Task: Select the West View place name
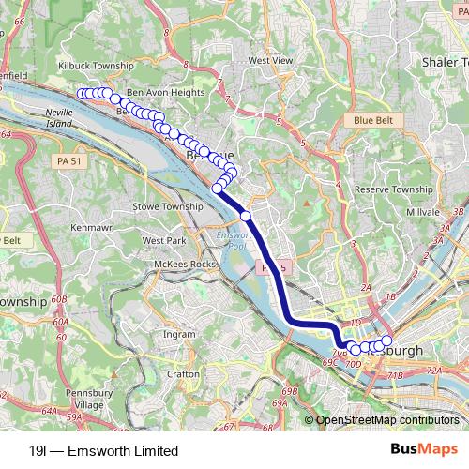(270, 60)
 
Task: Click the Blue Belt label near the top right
(373, 120)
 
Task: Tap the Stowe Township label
(169, 206)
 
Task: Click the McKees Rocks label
(180, 265)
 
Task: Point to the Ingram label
(179, 333)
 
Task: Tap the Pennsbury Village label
(95, 398)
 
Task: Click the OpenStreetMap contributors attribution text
(386, 420)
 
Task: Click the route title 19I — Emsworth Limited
(103, 450)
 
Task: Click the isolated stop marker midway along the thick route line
(246, 216)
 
